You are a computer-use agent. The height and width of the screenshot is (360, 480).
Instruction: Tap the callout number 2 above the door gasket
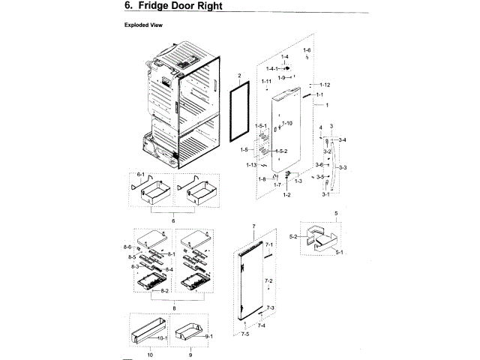click(x=239, y=76)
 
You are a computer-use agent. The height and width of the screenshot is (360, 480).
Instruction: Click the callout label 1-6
click(x=307, y=50)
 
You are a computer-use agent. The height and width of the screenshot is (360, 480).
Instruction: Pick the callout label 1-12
click(x=324, y=85)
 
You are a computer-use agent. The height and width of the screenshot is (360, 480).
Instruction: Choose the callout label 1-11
click(x=265, y=81)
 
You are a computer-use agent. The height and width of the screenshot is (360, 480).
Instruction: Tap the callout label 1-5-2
click(x=280, y=151)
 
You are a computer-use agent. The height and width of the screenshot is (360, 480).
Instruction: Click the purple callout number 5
click(x=337, y=214)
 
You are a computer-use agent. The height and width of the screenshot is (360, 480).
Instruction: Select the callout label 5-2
click(x=295, y=237)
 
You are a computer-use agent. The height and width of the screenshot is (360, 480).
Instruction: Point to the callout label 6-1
click(x=139, y=174)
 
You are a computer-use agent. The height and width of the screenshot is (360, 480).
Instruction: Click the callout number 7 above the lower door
click(x=253, y=226)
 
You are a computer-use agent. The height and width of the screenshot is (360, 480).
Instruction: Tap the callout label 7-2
click(x=268, y=280)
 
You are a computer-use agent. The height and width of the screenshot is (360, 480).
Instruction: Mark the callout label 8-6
click(x=127, y=247)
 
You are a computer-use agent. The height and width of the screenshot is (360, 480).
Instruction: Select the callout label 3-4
click(x=342, y=140)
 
